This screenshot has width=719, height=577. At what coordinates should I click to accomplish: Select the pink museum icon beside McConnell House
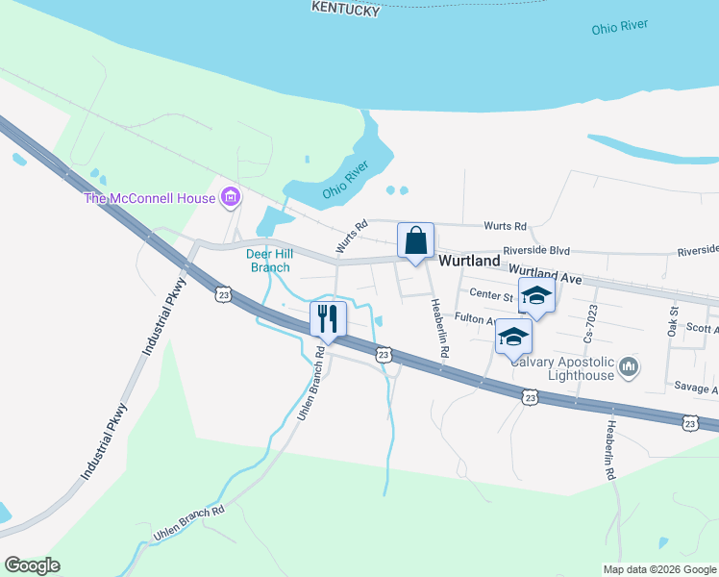pyautogui.click(x=230, y=199)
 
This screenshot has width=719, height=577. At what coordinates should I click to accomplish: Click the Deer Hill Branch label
pyautogui.click(x=269, y=261)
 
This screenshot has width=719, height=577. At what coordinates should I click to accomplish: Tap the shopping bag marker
pyautogui.click(x=415, y=240)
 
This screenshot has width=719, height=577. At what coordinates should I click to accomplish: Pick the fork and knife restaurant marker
pyautogui.click(x=328, y=319)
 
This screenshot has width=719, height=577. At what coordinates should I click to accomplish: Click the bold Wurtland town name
pyautogui.click(x=469, y=261)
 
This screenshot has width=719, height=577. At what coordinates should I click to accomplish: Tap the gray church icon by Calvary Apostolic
pyautogui.click(x=629, y=366)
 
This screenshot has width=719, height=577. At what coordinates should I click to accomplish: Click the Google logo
pyautogui.click(x=32, y=565)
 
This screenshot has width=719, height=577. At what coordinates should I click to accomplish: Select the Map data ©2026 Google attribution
pyautogui.click(x=659, y=569)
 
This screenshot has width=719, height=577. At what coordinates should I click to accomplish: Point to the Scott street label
pyautogui.click(x=703, y=328)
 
